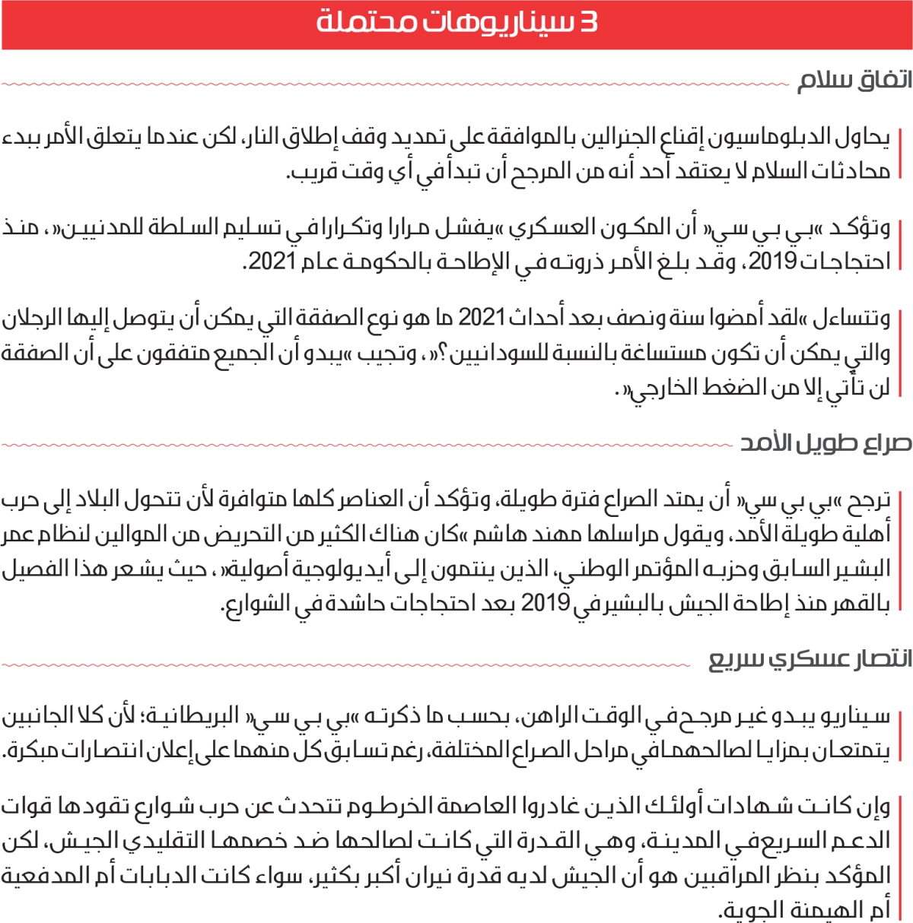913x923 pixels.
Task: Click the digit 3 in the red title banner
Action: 587,22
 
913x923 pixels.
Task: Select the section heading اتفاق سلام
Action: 854,81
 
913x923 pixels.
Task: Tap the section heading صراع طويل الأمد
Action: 826,443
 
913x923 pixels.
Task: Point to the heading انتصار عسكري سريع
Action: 810,660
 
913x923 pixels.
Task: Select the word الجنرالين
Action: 609,138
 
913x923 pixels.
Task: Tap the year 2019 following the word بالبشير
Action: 546,604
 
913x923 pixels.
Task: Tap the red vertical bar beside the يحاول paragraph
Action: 900,154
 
